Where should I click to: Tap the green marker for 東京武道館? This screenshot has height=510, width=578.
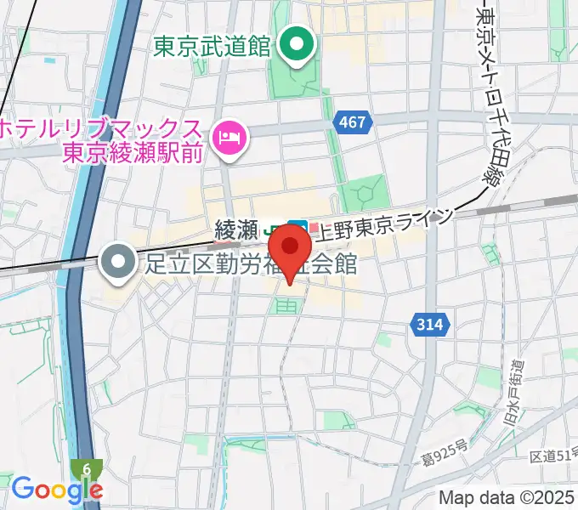(297, 45)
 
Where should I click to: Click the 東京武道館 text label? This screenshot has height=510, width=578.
(212, 46)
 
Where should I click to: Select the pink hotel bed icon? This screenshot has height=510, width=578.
(229, 135)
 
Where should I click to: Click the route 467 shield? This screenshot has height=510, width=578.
(351, 122)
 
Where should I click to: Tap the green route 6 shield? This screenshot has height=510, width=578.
(87, 468)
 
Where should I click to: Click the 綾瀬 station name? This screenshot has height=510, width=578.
(236, 229)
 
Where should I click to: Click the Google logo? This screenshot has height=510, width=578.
(56, 490)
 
